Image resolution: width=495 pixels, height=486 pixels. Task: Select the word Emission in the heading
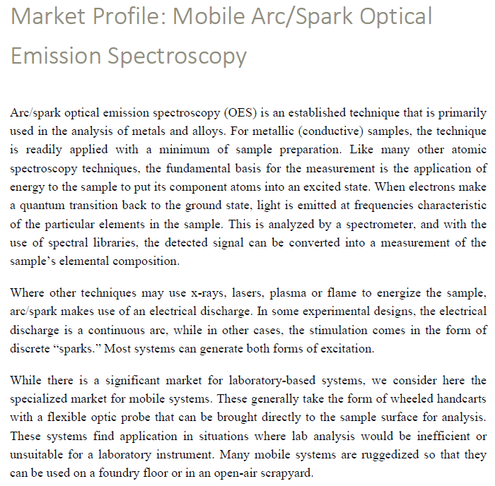(54, 55)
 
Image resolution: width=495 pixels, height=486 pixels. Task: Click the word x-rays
(210, 292)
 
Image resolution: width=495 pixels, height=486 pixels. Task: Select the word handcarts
(458, 399)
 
